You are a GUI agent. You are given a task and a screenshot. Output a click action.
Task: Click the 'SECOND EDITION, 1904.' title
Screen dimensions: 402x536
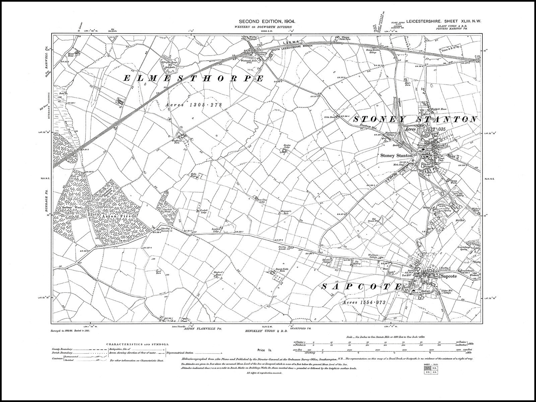267,21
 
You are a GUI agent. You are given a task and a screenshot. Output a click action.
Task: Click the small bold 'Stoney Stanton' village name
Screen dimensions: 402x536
397,156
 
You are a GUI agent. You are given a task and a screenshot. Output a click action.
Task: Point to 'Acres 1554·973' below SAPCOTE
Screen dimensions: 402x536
364,303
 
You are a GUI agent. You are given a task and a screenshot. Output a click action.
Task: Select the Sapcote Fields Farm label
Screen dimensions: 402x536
277,271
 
